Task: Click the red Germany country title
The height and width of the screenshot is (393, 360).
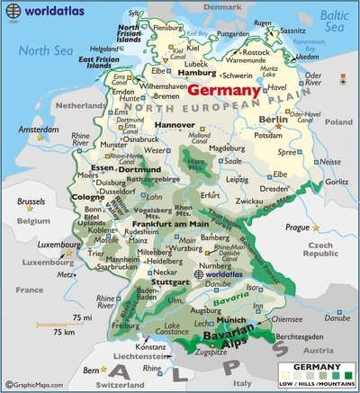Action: [224, 90]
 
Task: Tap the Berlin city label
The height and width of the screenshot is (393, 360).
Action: [273, 119]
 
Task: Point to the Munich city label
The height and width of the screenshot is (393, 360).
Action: [231, 319]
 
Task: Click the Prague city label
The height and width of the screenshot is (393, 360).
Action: [297, 227]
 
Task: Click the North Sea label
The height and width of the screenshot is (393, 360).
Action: [47, 50]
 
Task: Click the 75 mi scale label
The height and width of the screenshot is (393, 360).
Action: [83, 317]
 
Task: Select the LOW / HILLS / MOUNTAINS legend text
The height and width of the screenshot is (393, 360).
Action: [314, 384]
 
